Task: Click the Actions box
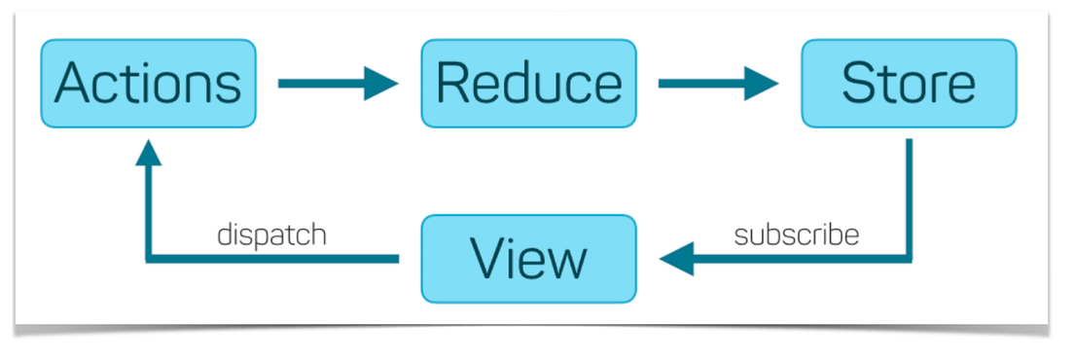[148, 84]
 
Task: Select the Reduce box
[528, 84]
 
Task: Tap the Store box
[909, 84]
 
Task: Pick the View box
[528, 259]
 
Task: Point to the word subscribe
[797, 235]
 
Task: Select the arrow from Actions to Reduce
[337, 84]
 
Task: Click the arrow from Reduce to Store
[717, 84]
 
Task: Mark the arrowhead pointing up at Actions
[148, 152]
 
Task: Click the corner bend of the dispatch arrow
[148, 259]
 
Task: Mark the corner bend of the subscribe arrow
[909, 259]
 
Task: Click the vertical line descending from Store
[909, 195]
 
